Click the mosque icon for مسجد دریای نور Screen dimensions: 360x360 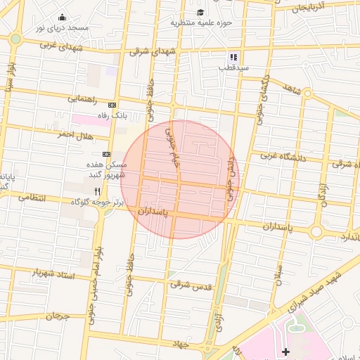pyautogui.click(x=62, y=18)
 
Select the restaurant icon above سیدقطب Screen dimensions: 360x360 pyautogui.click(x=233, y=57)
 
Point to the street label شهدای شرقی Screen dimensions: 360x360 pyautogui.click(x=152, y=51)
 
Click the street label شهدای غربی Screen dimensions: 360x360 pyautogui.click(x=62, y=46)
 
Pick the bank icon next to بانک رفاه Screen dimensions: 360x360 pyautogui.click(x=111, y=104)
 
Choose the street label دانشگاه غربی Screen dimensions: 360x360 pyautogui.click(x=284, y=157)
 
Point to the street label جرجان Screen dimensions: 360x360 pyautogui.click(x=58, y=316)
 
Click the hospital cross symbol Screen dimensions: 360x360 pyautogui.click(x=285, y=351)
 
